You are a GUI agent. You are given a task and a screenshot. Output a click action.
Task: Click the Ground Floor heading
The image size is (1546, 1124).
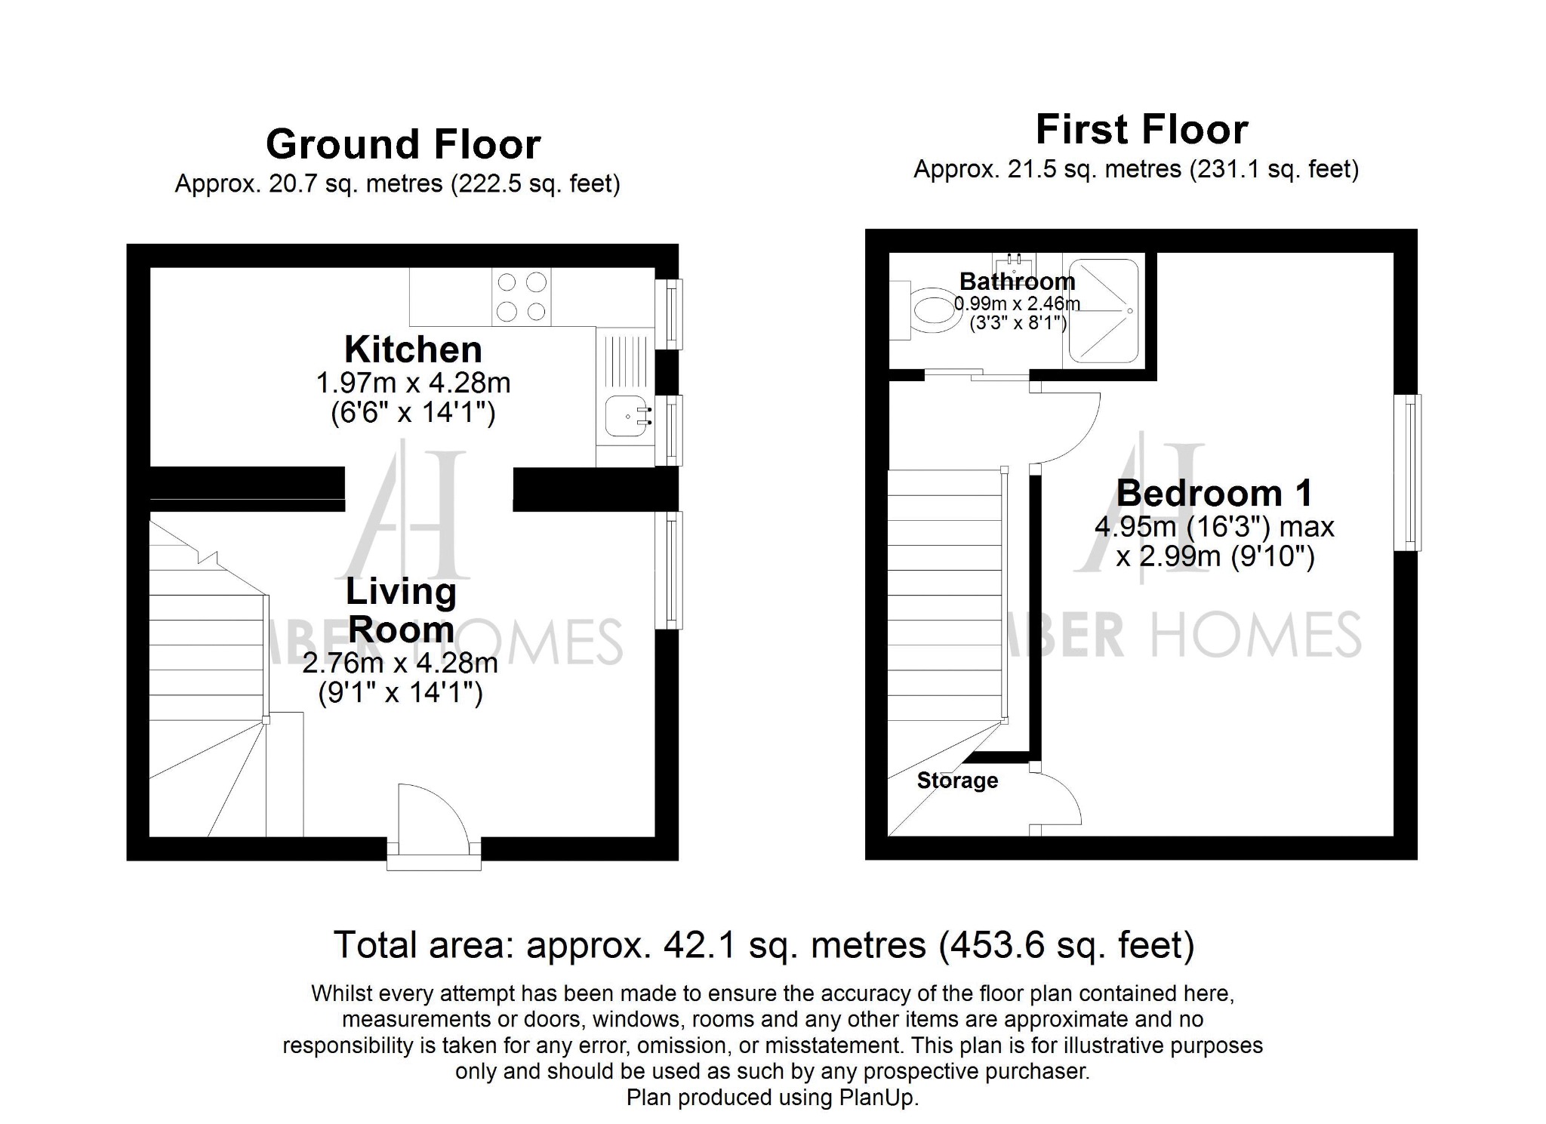pos(403,144)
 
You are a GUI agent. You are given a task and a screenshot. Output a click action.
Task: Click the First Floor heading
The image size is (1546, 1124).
pos(1141,129)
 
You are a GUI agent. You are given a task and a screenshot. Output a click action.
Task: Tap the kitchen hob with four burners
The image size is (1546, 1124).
pos(522,297)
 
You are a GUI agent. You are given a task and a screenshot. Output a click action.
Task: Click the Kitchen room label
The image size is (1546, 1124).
pos(413,350)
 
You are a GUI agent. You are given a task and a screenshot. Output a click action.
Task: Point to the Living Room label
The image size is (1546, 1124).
pos(401,611)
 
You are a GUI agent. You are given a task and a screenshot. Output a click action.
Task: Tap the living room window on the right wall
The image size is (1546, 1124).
pos(669,570)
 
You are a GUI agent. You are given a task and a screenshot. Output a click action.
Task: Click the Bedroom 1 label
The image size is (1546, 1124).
pos(1215,494)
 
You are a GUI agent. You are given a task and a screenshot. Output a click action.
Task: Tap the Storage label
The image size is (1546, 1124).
pos(957,781)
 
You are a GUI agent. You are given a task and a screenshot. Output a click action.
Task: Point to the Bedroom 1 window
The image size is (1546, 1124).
pos(1409,473)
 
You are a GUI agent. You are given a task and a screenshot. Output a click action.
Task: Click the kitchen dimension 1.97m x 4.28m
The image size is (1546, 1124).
pos(413,383)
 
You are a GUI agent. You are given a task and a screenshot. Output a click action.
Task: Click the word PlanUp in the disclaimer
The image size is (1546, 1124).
pos(877,1098)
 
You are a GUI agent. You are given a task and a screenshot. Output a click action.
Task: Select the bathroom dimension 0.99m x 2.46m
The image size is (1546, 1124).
pos(1017,304)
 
